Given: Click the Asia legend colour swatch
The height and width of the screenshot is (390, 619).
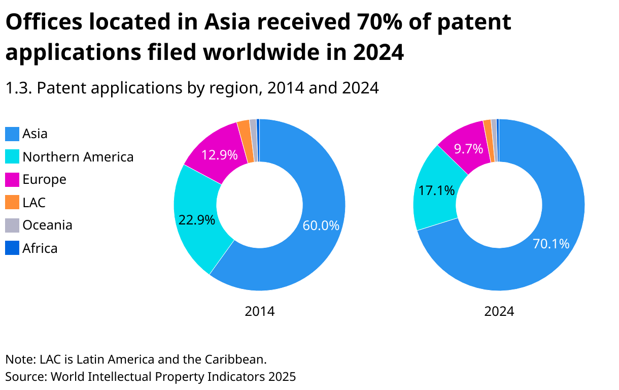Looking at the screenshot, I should (x=12, y=134).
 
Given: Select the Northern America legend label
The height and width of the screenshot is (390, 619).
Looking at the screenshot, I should (x=78, y=157).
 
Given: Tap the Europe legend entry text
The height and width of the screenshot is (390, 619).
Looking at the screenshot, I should (x=44, y=180).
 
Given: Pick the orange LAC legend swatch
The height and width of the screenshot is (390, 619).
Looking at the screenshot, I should (x=12, y=203).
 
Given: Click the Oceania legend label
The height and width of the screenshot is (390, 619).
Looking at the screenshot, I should (x=47, y=225).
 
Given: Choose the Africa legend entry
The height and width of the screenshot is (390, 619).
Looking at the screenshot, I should (x=40, y=248).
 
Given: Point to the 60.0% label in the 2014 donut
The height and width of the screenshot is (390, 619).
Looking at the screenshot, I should (x=321, y=225).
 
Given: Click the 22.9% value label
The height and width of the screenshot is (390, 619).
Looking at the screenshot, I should (x=197, y=220).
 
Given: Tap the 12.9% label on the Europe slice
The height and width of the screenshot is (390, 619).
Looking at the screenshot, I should (x=220, y=155).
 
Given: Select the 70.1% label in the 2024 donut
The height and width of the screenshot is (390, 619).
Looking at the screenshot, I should (x=551, y=244).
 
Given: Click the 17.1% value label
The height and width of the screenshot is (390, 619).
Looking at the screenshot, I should (x=436, y=190).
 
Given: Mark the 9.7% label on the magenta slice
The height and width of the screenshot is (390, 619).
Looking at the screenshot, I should (x=468, y=149).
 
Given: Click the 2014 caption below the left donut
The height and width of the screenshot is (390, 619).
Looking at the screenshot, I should (x=260, y=311).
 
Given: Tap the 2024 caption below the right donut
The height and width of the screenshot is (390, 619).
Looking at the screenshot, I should (x=499, y=311).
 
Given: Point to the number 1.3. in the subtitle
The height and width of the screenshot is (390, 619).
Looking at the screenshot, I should (x=19, y=88).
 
